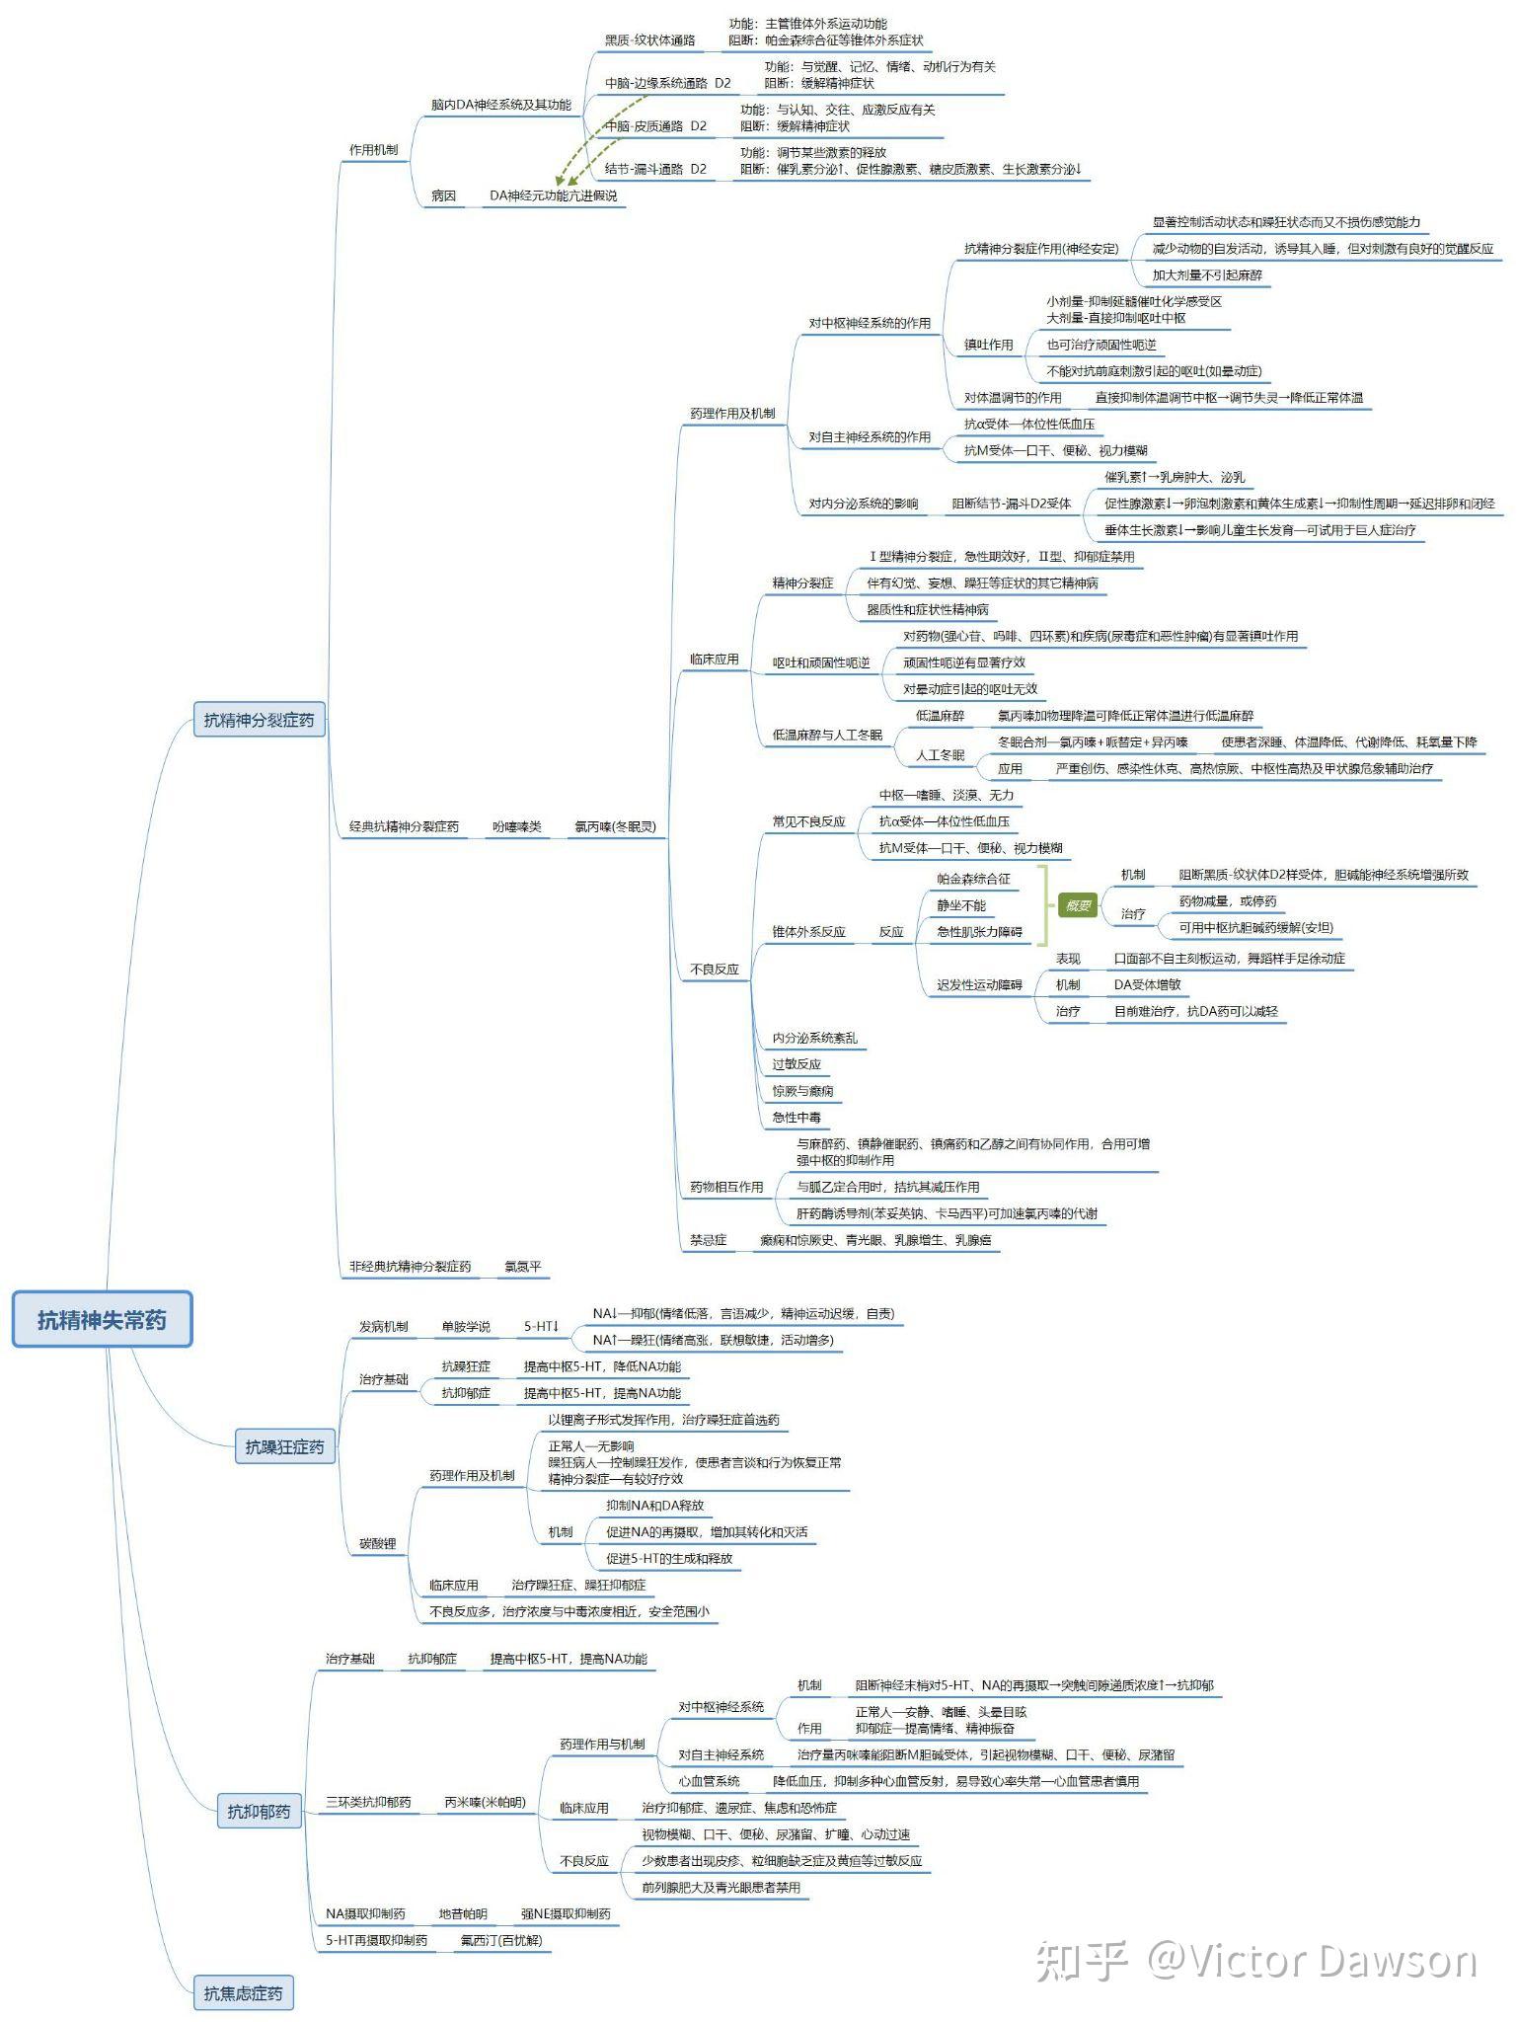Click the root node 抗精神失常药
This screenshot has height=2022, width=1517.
(102, 1319)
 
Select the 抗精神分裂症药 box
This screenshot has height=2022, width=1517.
(259, 720)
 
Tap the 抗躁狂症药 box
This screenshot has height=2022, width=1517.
(284, 1446)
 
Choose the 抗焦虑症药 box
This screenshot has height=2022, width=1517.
(243, 1992)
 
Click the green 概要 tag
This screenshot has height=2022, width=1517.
(1078, 905)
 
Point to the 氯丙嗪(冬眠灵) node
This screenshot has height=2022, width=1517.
(615, 826)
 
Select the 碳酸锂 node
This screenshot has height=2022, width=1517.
(377, 1543)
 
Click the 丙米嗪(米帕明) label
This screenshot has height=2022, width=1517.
(485, 1802)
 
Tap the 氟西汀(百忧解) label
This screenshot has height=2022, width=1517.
(501, 1939)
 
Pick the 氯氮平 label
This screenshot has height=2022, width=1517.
(522, 1266)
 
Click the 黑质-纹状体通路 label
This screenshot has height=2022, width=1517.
(649, 40)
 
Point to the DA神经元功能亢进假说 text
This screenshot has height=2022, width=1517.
(553, 195)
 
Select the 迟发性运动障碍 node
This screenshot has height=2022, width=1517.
(979, 984)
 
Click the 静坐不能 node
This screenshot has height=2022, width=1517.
(961, 904)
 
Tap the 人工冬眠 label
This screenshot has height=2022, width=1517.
(940, 754)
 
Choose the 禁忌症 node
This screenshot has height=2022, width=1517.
(708, 1239)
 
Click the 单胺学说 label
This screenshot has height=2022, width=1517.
(465, 1326)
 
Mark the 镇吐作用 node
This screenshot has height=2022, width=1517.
(988, 345)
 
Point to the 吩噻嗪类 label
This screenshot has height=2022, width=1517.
(517, 826)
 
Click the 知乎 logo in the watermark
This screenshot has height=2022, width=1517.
(1080, 1960)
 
